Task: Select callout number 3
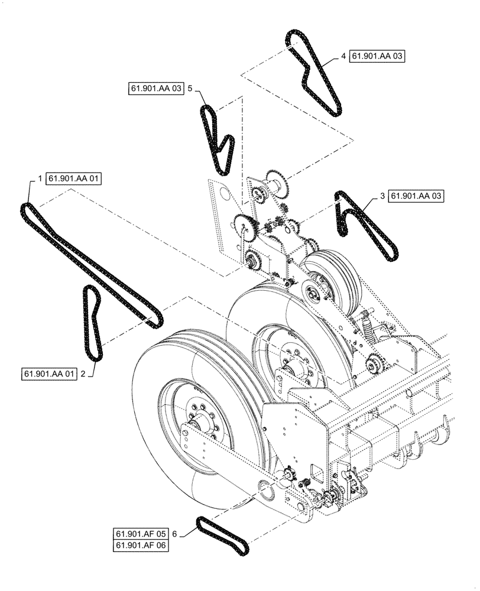[382, 195]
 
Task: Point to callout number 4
[343, 56]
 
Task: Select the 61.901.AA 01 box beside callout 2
[50, 374]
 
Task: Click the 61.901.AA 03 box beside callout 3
[417, 195]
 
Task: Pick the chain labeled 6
[223, 535]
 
